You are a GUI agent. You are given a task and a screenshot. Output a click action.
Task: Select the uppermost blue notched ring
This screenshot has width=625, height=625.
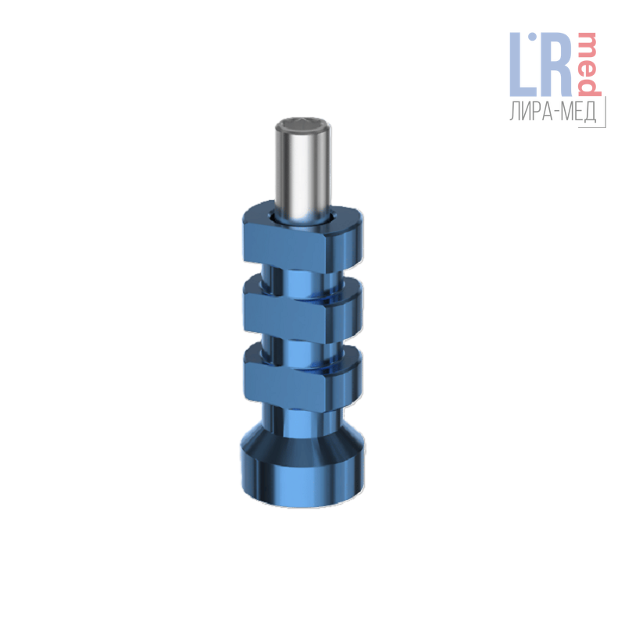pyautogui.click(x=303, y=239)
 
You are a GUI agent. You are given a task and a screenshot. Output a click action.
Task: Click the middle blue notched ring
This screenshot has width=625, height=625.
pyautogui.click(x=303, y=309)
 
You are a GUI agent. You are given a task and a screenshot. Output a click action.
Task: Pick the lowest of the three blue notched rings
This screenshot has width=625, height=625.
pyautogui.click(x=303, y=376)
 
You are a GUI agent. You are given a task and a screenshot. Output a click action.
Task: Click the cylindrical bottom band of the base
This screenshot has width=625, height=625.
pyautogui.click(x=303, y=482)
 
